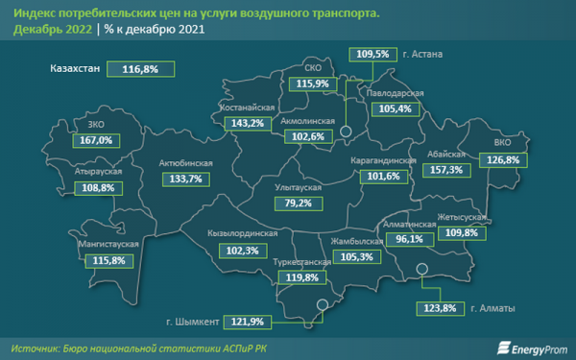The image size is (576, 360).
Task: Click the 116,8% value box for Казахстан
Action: (140, 69)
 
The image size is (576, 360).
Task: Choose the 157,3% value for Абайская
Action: (446, 169)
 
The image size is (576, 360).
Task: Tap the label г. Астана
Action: (422, 55)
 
